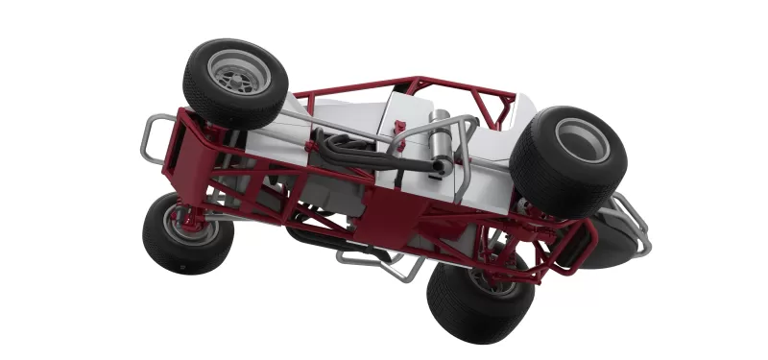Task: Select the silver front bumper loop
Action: point(146,140)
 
